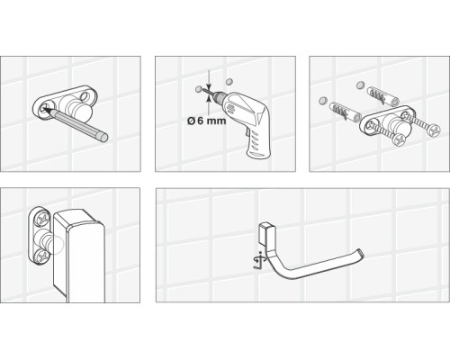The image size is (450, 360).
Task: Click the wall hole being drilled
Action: click(198, 90)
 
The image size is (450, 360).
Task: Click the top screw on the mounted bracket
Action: click(40, 217)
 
